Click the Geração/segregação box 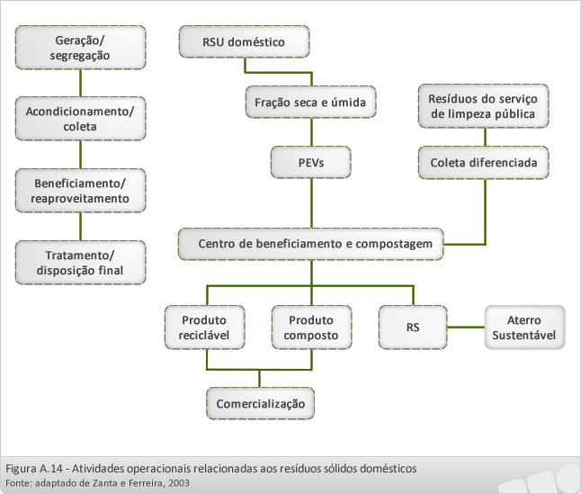[x=80, y=48]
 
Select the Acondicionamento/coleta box [x=80, y=119]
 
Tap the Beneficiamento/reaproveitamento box [x=80, y=191]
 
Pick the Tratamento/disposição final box [x=80, y=263]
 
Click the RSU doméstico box [x=245, y=41]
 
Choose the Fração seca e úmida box [x=311, y=102]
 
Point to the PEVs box [x=311, y=162]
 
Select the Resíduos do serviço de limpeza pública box [x=484, y=106]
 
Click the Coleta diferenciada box [x=484, y=162]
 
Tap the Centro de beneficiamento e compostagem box [x=311, y=244]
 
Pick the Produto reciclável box [x=204, y=328]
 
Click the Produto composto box [x=311, y=328]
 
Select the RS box [x=413, y=328]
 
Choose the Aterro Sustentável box [x=524, y=328]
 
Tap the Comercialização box [x=261, y=403]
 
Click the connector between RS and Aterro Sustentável [x=466, y=328]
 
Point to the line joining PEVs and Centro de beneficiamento [x=311, y=203]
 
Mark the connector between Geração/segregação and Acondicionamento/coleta [x=81, y=83]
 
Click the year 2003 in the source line [x=179, y=483]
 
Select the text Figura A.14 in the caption [x=34, y=469]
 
